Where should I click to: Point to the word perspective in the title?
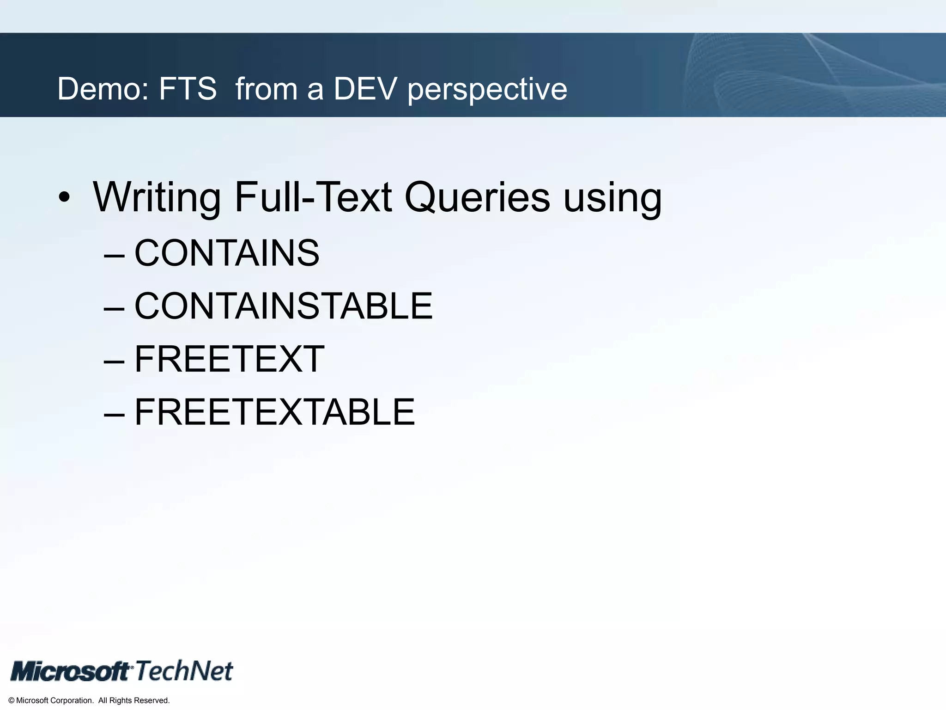click(487, 89)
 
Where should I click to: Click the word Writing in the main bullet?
click(157, 198)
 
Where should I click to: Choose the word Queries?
click(477, 198)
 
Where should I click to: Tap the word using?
click(612, 198)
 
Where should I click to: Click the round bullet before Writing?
click(65, 198)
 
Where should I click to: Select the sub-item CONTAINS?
click(227, 253)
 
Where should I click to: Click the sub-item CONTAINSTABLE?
click(283, 306)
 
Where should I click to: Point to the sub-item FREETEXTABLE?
click(274, 412)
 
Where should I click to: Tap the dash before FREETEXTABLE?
click(114, 413)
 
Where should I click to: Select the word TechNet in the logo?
click(184, 671)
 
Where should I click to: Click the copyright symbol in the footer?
click(12, 701)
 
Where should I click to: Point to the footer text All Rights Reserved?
click(134, 701)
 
